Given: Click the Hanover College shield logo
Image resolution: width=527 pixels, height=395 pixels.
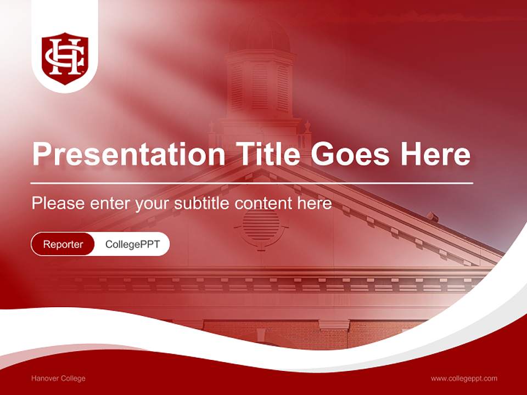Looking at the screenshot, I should coord(65,57).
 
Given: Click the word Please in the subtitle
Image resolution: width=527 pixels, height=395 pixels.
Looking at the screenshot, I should coord(58,204).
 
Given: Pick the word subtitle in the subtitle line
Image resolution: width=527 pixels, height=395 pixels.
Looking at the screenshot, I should coord(202,204).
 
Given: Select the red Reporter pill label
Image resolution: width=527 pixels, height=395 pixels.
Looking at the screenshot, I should coord(63,244).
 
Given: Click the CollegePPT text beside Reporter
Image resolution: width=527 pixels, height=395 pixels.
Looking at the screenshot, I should coord(132,244).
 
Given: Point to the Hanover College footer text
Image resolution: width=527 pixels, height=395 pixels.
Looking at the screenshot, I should coord(58,378).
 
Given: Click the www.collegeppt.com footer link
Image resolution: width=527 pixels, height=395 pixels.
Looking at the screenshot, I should coord(464,378).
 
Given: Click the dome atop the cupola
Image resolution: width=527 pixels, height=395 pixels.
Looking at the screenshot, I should coord(260,36).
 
